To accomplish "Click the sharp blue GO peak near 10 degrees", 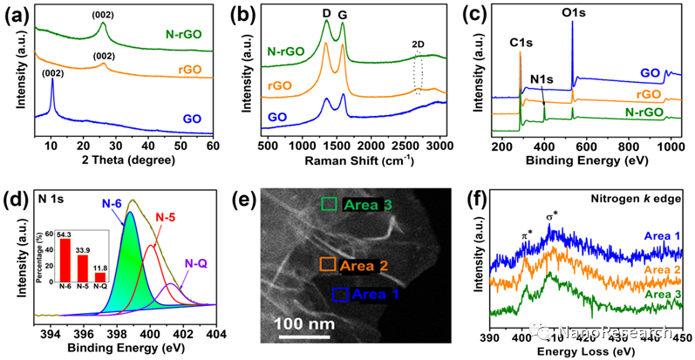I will point(52,85).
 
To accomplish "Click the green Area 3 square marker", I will point(328,204).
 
